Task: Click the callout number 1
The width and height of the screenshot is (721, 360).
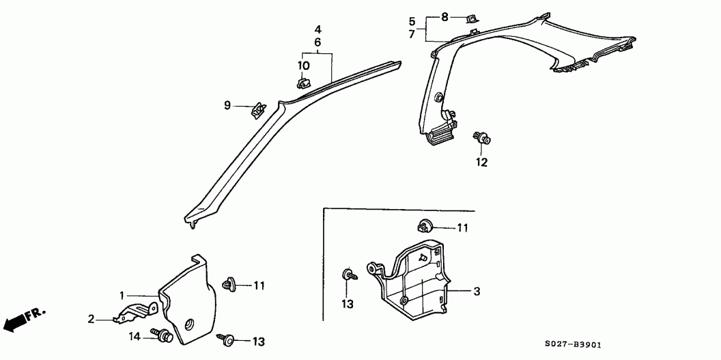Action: point(122,296)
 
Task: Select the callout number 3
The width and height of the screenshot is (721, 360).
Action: point(477,291)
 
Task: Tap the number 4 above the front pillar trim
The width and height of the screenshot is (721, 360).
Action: point(317,30)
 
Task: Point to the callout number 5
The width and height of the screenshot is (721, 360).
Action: point(412,21)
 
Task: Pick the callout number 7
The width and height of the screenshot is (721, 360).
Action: point(412,33)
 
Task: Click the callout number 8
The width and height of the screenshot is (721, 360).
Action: point(444,18)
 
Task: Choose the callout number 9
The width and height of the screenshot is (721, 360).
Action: point(227,106)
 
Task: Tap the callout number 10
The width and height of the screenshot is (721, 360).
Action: point(303,66)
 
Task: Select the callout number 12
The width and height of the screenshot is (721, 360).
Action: point(481,163)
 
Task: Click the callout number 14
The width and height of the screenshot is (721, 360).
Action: point(135,337)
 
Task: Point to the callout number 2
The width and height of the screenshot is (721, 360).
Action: point(91,318)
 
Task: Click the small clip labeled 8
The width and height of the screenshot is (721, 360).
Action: point(471,18)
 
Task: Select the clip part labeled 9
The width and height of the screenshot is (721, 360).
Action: point(258,111)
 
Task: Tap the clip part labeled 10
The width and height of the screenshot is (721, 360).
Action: point(303,83)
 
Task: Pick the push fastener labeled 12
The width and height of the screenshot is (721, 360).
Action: point(481,137)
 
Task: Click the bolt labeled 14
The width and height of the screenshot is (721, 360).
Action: point(162,335)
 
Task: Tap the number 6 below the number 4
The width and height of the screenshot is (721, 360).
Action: point(317,42)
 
